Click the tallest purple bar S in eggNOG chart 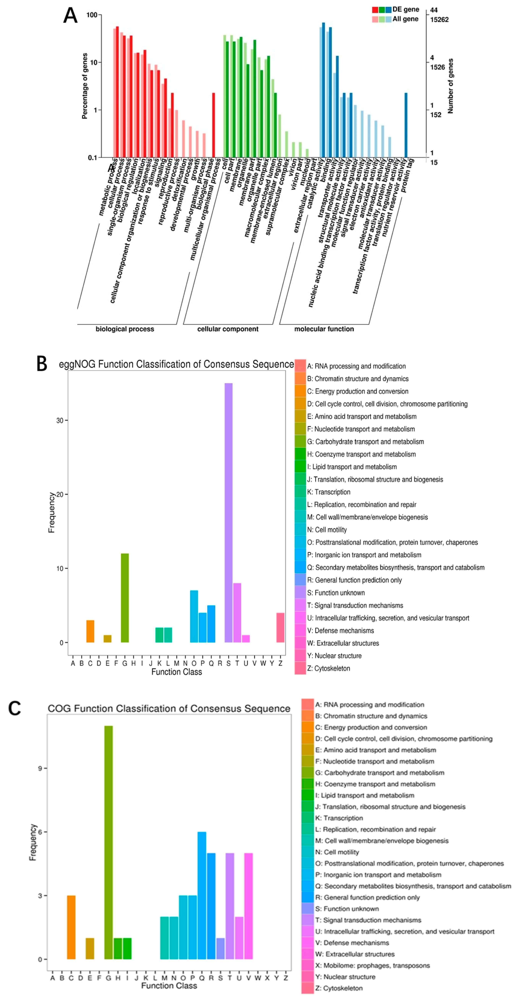[x=229, y=512]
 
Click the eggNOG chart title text [x=176, y=364]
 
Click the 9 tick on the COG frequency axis [x=40, y=768]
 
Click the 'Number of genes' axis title [x=450, y=86]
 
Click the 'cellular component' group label [x=228, y=329]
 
